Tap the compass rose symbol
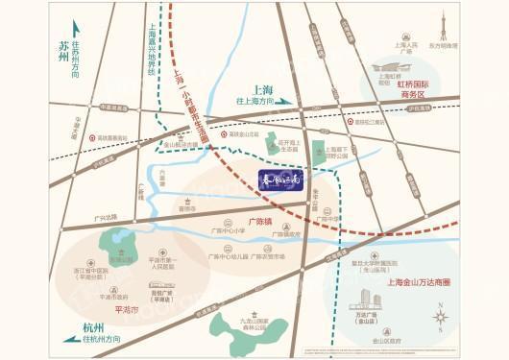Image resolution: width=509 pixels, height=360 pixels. click(x=441, y=317)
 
